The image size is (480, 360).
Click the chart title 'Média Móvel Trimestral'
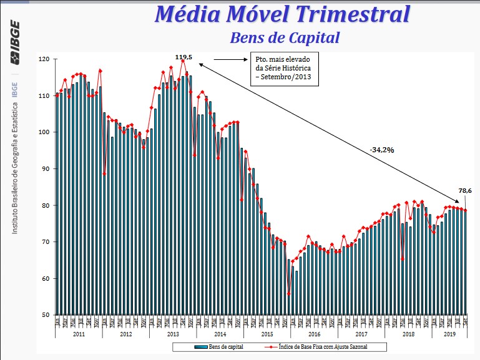point(282,13)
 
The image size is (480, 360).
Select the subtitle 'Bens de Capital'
point(285,37)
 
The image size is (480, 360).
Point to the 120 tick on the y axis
point(43,59)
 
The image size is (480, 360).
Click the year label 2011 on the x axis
point(79,334)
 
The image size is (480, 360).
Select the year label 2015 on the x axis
point(267,334)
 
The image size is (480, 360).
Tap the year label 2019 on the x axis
point(449,334)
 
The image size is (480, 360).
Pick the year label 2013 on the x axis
point(173,334)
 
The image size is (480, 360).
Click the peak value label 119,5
point(184,57)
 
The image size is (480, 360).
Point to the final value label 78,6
point(465,191)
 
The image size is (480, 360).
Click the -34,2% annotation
point(382,150)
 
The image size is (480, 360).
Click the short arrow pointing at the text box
point(235,60)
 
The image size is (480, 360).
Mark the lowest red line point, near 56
point(289,293)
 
